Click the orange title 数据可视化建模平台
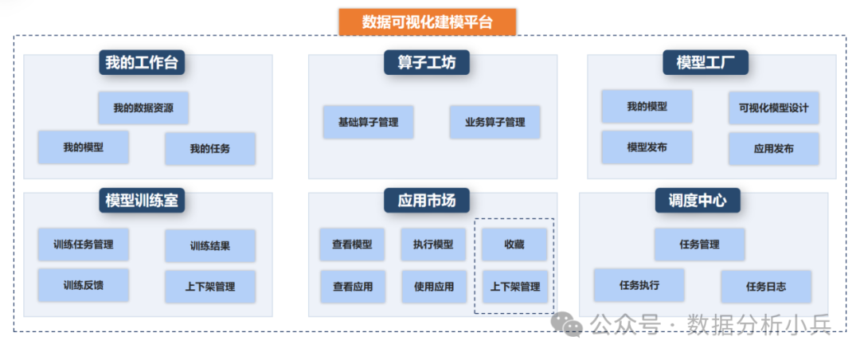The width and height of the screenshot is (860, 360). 428,22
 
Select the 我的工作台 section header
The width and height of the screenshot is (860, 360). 142,63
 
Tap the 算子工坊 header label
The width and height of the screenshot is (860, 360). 427,63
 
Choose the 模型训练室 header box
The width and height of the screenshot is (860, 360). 142,201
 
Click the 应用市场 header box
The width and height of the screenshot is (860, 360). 427,201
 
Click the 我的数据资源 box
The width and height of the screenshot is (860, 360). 143,108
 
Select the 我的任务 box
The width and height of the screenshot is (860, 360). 210,149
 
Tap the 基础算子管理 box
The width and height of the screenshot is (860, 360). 368,123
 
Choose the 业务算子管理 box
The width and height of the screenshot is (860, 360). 494,123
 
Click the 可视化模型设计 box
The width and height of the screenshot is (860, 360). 773,108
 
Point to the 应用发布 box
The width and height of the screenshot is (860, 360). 773,149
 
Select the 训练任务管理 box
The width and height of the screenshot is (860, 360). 84,245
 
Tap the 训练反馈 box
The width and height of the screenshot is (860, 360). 84,285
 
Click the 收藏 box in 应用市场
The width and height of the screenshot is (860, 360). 514,245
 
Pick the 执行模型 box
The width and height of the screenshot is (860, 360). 433,245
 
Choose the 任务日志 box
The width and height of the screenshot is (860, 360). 766,286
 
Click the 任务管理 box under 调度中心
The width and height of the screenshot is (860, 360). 700,245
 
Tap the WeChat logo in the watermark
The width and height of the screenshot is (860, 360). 568,323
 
